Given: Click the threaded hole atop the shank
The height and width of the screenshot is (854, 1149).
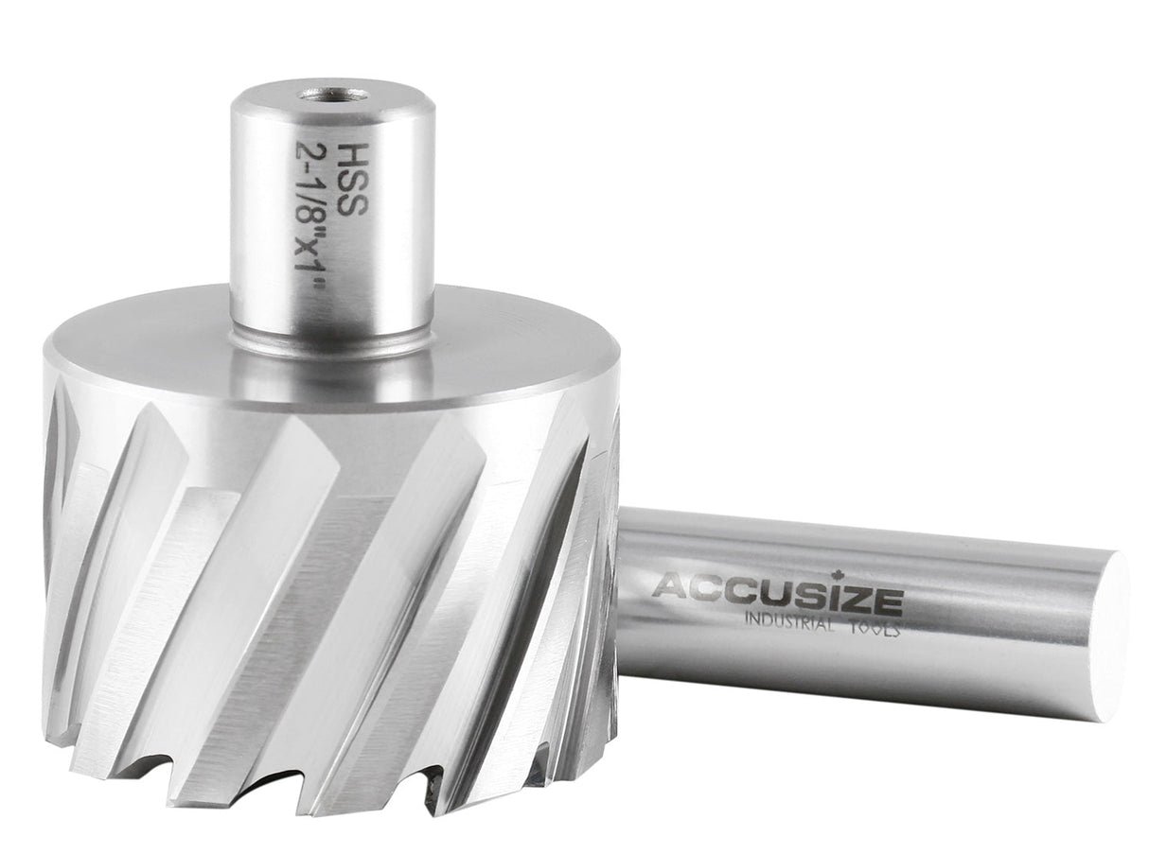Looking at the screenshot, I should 334,94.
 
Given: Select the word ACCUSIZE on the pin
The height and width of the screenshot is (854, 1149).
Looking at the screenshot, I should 777,591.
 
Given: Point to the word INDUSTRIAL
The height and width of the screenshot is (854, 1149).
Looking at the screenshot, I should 787,622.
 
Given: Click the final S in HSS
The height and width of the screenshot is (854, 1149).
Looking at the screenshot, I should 351,203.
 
